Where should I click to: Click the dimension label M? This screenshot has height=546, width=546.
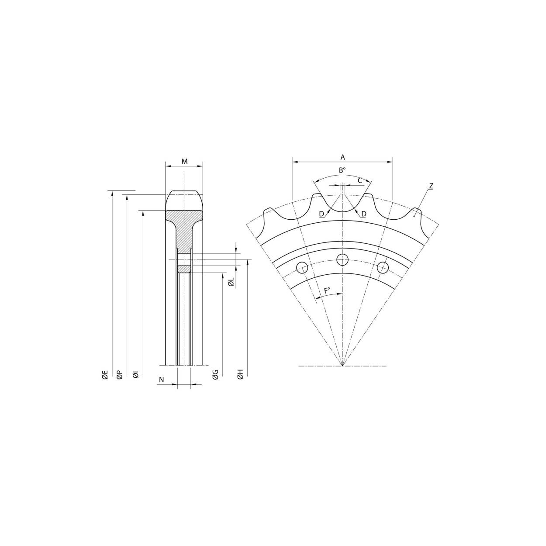click(184, 162)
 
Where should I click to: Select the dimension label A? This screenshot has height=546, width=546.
click(342, 157)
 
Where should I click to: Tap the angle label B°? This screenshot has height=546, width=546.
click(342, 171)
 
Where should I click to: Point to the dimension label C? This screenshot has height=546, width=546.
click(359, 180)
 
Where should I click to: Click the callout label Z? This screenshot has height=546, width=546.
click(431, 186)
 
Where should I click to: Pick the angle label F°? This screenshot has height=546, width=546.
click(327, 290)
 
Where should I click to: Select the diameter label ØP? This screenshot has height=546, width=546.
click(120, 375)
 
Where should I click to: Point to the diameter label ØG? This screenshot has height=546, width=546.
click(215, 375)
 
